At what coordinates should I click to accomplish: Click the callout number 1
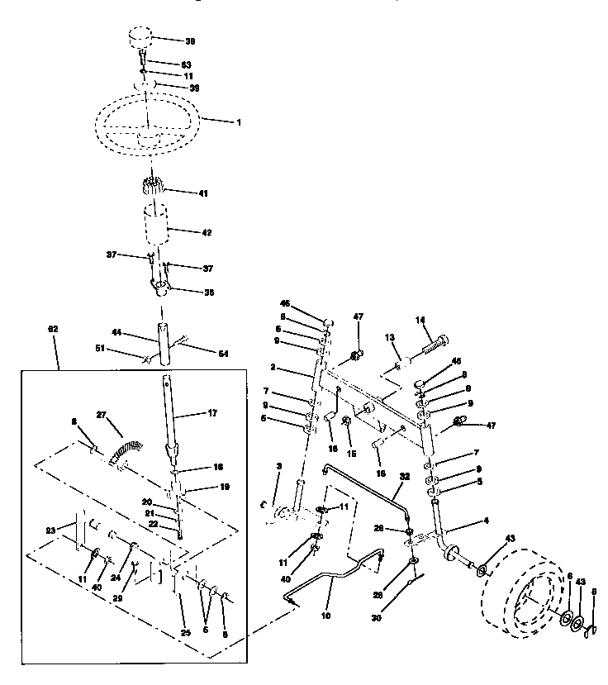point(240,122)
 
